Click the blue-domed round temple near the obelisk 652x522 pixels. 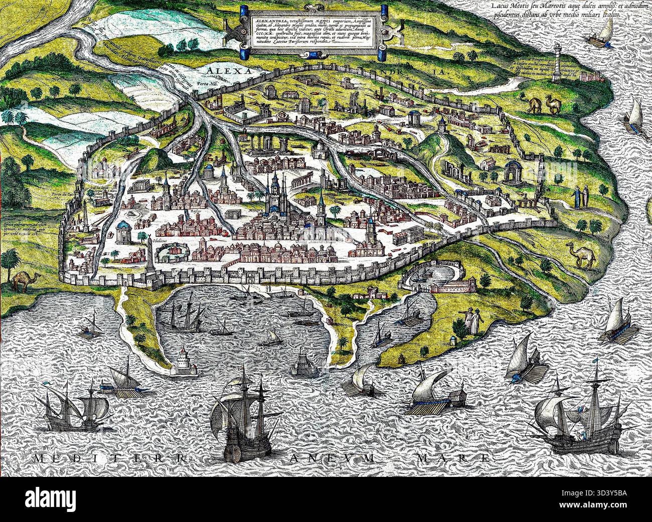[122, 231]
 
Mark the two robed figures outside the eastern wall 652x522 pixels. [580, 197]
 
